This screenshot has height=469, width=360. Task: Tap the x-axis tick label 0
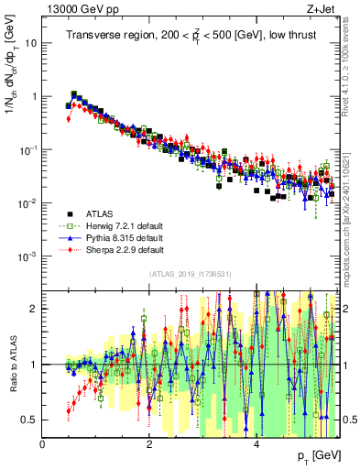(43, 444)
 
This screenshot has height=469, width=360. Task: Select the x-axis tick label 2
(149, 444)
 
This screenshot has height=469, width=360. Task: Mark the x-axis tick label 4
(256, 444)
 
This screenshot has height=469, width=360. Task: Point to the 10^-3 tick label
(28, 256)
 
